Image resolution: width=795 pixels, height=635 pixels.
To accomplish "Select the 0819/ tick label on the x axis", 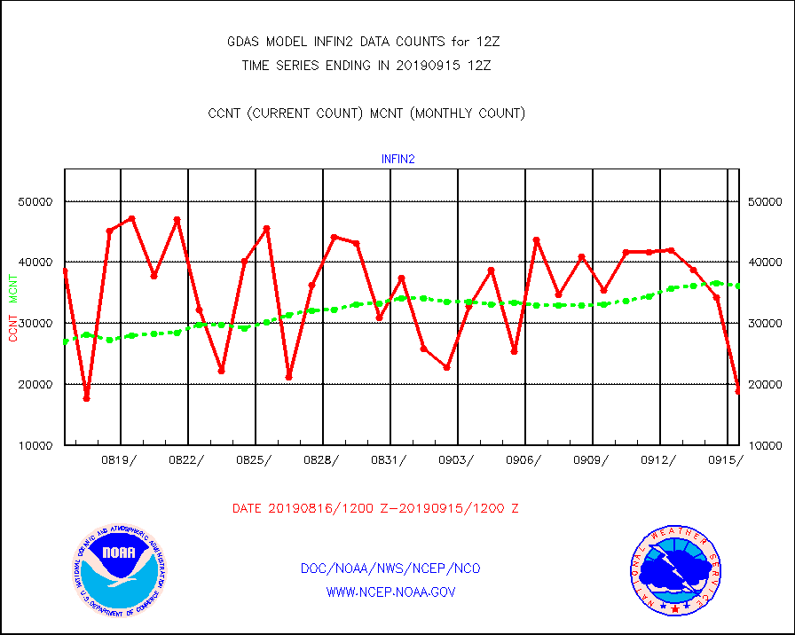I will click(x=120, y=459).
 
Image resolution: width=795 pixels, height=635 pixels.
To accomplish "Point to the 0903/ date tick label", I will click(x=457, y=459).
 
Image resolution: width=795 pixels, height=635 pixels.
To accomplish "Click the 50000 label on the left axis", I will click(x=35, y=201).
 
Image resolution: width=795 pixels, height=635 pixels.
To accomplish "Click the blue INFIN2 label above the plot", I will click(x=398, y=160).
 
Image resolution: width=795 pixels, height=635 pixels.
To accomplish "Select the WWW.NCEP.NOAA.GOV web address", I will click(x=390, y=592).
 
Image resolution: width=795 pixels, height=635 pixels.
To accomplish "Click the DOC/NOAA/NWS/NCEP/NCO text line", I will click(x=390, y=568).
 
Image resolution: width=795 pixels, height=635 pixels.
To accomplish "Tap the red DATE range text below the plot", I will click(x=375, y=509).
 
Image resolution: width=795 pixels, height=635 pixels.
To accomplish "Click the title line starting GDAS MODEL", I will click(x=369, y=42).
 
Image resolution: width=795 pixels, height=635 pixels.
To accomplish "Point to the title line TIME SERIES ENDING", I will click(x=366, y=65).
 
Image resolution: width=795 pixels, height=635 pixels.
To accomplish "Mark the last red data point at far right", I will click(x=738, y=389).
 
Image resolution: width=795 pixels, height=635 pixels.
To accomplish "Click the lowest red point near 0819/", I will click(x=86, y=398).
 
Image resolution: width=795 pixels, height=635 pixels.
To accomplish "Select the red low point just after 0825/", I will click(x=288, y=377).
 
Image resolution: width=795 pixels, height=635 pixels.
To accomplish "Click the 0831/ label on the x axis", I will click(x=390, y=459).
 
